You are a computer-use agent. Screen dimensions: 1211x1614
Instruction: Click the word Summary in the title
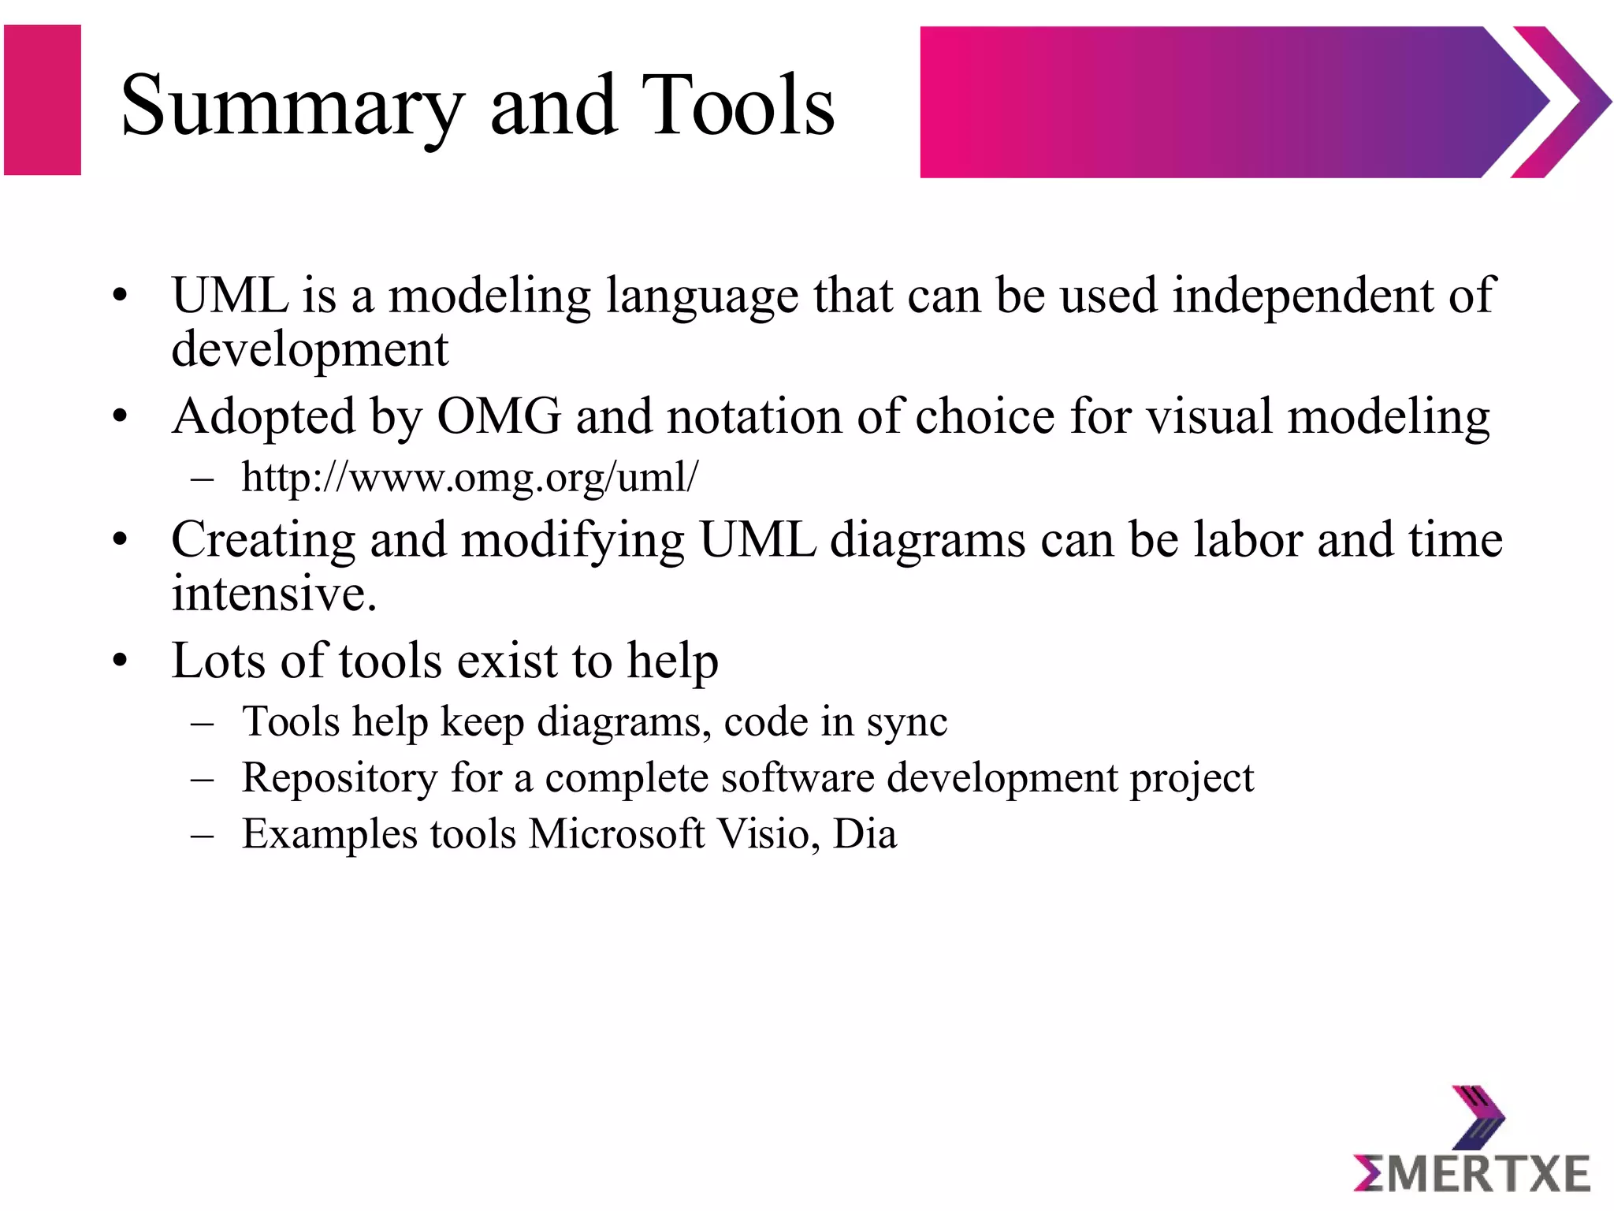292,106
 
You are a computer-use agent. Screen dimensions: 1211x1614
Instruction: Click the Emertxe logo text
1471,1174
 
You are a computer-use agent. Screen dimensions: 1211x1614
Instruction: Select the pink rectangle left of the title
43,100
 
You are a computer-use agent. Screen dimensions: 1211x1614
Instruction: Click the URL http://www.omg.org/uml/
470,478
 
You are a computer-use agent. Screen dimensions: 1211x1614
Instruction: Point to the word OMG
499,416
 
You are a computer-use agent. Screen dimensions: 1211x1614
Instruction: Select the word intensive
274,594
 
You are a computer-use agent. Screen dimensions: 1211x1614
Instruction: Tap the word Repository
339,778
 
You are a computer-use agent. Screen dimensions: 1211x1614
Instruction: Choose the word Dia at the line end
865,834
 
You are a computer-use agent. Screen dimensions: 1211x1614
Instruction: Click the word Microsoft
616,834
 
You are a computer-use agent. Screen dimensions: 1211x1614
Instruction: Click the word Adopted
263,417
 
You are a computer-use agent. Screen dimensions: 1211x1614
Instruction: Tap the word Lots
218,661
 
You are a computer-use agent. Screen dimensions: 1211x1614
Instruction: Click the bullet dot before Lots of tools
120,661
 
